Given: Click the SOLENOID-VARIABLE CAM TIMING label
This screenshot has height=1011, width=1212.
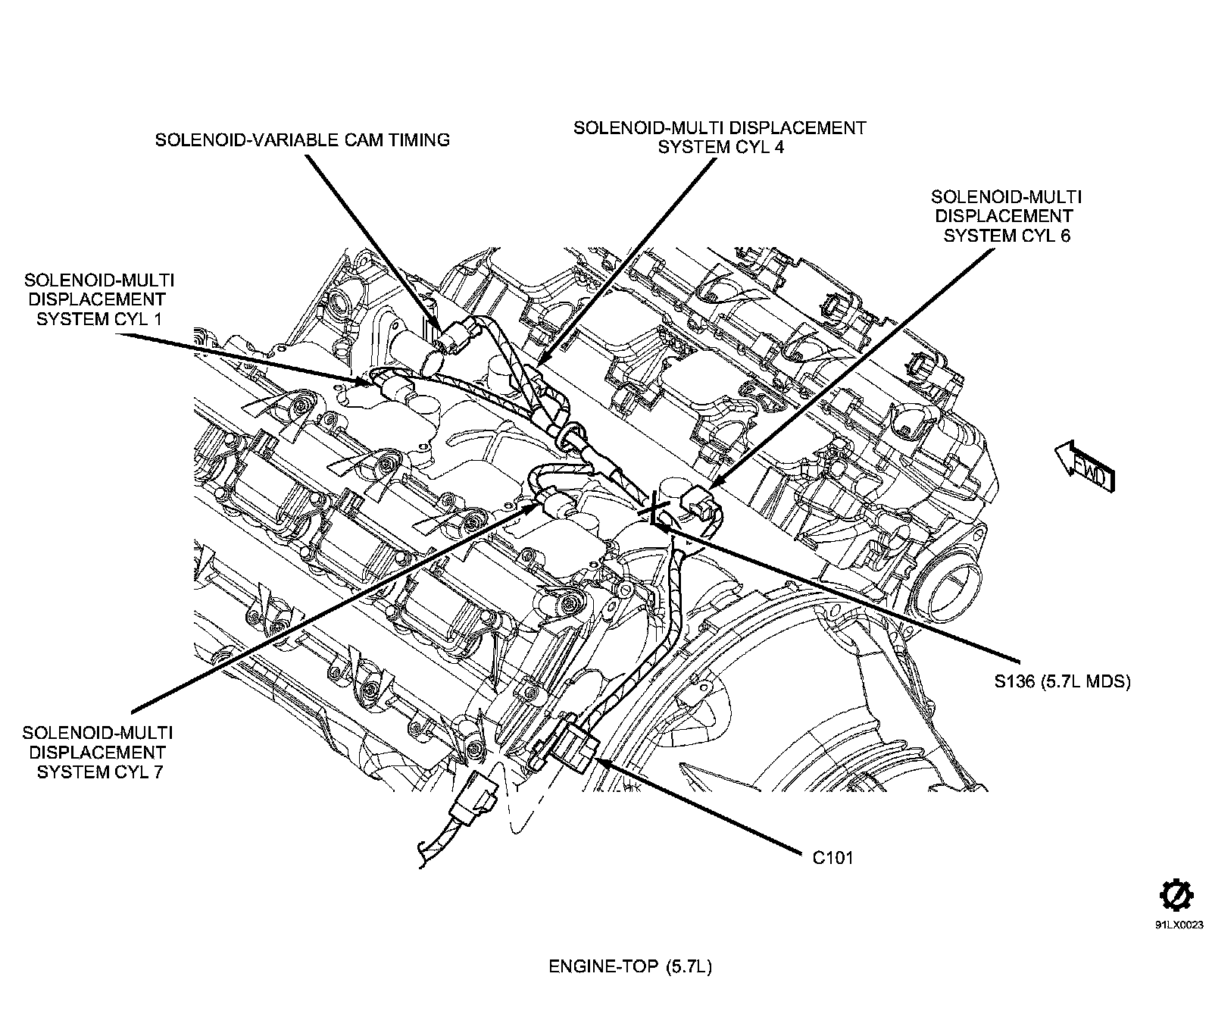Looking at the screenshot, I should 302,140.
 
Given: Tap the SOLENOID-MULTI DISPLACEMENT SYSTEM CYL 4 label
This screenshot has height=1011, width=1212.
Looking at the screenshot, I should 719,137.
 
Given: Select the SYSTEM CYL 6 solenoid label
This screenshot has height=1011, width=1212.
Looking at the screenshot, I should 1006,216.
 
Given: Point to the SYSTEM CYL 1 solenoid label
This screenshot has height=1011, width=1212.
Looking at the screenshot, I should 99,299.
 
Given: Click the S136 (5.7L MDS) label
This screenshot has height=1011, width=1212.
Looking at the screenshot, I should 1062,681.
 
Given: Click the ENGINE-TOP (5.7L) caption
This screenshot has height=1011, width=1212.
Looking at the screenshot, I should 630,967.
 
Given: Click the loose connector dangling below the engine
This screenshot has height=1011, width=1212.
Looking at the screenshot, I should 475,797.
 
